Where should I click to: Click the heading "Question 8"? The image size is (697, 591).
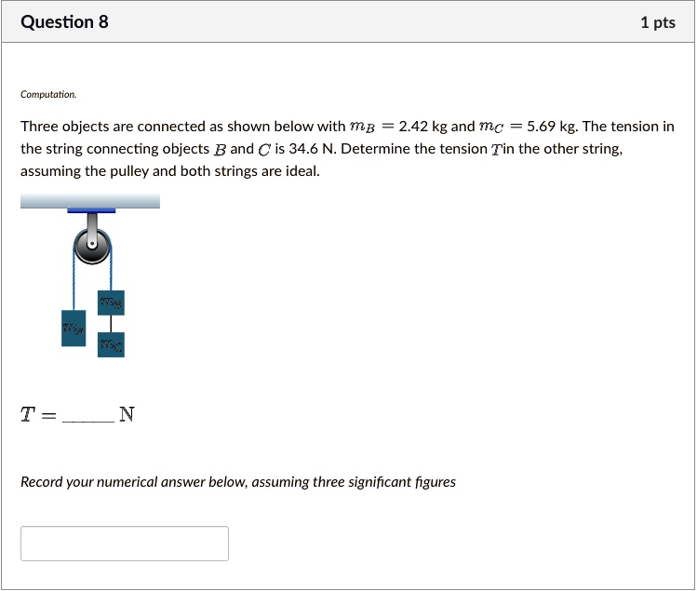click(x=64, y=22)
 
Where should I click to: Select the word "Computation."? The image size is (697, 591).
click(x=49, y=95)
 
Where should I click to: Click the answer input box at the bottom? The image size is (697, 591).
click(x=125, y=544)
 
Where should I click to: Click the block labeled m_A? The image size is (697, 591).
click(x=74, y=328)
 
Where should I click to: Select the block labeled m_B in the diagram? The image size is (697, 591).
click(x=111, y=302)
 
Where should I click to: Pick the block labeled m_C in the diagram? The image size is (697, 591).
click(x=111, y=345)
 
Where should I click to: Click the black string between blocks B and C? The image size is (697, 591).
click(x=111, y=324)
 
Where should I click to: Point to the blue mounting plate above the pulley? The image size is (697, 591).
click(x=91, y=210)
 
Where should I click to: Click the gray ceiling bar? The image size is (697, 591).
click(x=90, y=200)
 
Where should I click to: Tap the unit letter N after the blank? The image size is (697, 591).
click(x=127, y=415)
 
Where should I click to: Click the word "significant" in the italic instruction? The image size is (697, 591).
click(x=349, y=482)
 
